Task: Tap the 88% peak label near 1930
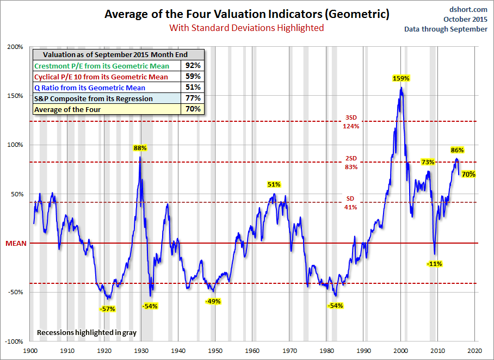coord(140,148)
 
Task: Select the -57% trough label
coord(107,308)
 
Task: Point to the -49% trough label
coord(213,301)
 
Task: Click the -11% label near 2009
coord(434,264)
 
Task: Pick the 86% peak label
coord(457,150)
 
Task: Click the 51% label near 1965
coord(274,184)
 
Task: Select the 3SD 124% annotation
coord(351,122)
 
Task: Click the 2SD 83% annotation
coord(351,163)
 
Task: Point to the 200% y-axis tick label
coord(15,47)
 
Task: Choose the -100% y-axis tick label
coord(14,342)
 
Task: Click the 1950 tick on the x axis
coord(215,351)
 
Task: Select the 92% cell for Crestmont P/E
coord(193,66)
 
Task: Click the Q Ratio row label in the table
coord(90,88)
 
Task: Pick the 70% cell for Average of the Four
coord(193,109)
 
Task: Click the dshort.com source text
coord(469,10)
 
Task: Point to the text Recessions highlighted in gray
coord(87,332)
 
